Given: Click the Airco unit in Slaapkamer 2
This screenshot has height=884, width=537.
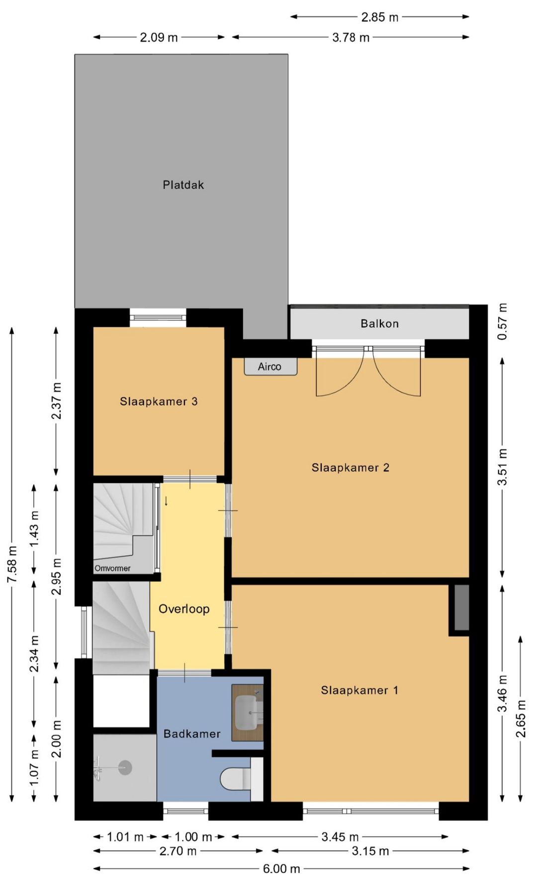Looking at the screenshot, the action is click(270, 367).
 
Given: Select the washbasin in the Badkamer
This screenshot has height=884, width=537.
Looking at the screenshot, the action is click(247, 713).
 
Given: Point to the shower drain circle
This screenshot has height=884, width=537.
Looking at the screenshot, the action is click(125, 767).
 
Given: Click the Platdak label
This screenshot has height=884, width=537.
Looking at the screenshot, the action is click(183, 185).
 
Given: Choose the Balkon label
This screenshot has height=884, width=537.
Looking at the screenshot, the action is click(379, 324).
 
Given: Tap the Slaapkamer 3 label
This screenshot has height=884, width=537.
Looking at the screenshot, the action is click(159, 401).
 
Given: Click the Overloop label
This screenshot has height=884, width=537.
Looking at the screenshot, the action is click(184, 609).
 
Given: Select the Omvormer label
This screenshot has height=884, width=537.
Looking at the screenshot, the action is click(112, 568).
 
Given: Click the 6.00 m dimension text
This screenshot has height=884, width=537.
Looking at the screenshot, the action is click(281, 869).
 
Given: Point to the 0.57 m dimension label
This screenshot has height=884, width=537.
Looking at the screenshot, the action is click(503, 321).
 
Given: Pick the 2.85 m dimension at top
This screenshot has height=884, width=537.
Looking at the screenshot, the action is click(380, 17).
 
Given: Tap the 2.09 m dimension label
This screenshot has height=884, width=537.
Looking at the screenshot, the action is click(159, 37).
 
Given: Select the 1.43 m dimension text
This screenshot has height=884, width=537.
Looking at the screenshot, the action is click(34, 529).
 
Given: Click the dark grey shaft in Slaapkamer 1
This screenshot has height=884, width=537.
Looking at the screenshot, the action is click(461, 607).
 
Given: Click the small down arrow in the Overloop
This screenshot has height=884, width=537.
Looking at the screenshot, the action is click(166, 501).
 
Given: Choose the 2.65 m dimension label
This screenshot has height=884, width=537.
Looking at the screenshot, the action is click(521, 719).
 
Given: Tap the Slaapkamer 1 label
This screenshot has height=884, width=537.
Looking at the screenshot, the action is click(359, 690).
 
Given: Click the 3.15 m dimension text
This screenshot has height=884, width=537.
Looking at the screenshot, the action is click(370, 851).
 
